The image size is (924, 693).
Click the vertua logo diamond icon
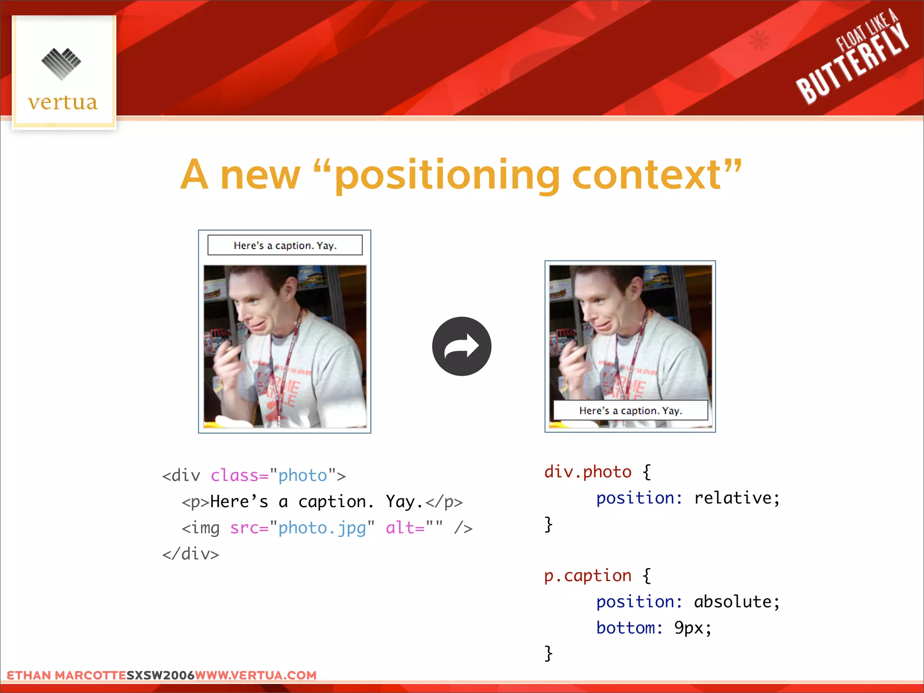[61, 64]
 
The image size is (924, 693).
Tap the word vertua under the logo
[63, 102]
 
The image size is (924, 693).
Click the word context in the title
[646, 175]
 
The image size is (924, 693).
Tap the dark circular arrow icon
[462, 346]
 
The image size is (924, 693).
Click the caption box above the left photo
[285, 245]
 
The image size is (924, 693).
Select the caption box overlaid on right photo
[630, 411]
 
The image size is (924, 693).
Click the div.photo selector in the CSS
[588, 472]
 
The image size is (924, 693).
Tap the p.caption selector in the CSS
[588, 576]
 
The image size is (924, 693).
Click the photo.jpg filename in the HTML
[322, 528]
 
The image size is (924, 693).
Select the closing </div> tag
[191, 554]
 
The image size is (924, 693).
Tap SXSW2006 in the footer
[160, 675]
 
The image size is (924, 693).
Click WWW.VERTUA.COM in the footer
[256, 675]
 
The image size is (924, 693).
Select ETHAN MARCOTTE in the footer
[66, 675]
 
